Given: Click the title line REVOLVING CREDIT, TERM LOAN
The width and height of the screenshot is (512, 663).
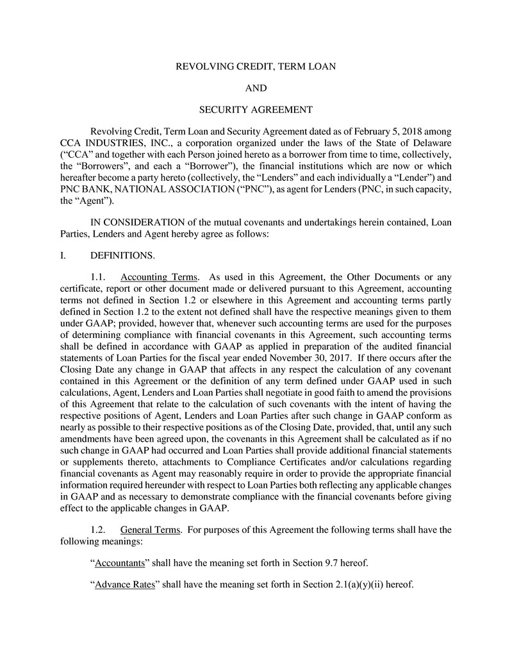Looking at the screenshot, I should (256, 66).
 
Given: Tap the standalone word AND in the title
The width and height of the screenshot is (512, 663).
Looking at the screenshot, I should (256, 88).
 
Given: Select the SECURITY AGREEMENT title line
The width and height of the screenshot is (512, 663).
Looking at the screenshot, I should (256, 110).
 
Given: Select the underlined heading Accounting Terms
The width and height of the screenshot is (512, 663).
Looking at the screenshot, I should (158, 277).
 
